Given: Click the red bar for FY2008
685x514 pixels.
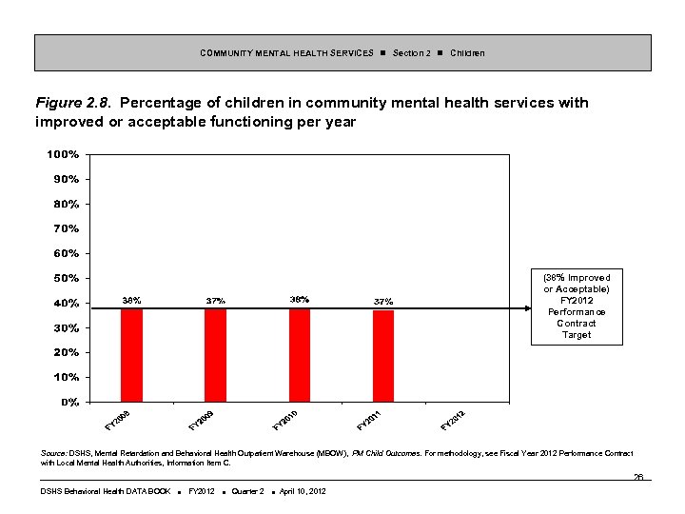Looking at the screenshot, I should [x=131, y=355].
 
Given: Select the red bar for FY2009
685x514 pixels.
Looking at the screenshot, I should [x=215, y=355].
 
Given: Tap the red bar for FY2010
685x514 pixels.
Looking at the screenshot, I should [x=300, y=355].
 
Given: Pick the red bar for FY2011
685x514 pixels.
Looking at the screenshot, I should [x=383, y=356].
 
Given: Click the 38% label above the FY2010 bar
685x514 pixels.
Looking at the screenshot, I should [x=299, y=299].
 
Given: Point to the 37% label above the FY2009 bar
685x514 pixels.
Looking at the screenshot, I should [x=216, y=301].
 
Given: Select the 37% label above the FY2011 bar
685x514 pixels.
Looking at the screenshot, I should [x=383, y=301].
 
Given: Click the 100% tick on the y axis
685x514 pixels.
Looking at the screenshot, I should [x=63, y=154].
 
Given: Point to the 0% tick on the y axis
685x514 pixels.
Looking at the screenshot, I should [x=69, y=402].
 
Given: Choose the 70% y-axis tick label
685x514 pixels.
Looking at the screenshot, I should [x=66, y=228].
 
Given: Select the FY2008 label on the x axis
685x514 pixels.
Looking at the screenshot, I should [x=119, y=418].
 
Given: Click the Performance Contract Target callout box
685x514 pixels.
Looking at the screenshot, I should [x=576, y=306].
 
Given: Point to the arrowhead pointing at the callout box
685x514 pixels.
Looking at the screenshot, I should [x=523, y=307].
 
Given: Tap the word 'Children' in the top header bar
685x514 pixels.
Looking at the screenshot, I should [x=467, y=52].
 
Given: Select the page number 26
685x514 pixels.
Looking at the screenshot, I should [x=638, y=477].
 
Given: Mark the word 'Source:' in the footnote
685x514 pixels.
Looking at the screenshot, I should [x=54, y=454].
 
